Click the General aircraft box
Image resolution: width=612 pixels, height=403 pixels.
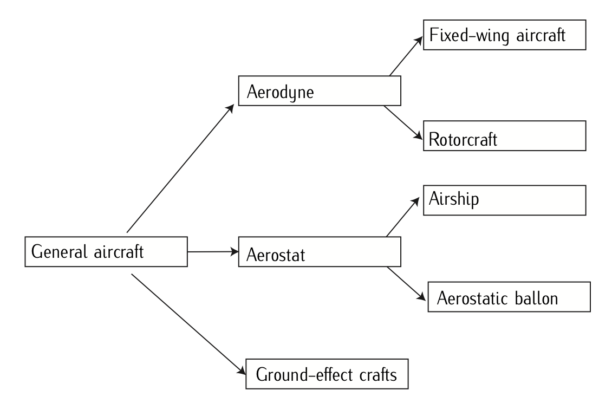coord(106,251)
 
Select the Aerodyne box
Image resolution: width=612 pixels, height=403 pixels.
coord(320,90)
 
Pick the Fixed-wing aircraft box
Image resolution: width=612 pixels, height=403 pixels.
coord(504,36)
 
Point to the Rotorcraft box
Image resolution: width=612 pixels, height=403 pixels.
coord(504,136)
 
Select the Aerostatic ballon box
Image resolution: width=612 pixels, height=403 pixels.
coord(509,297)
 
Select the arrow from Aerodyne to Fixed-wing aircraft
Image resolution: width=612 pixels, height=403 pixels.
coord(405,56)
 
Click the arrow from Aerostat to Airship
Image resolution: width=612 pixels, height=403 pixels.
coord(403,217)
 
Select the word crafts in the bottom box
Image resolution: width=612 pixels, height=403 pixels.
coord(379,374)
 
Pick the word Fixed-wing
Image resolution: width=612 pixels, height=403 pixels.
coord(464,36)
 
